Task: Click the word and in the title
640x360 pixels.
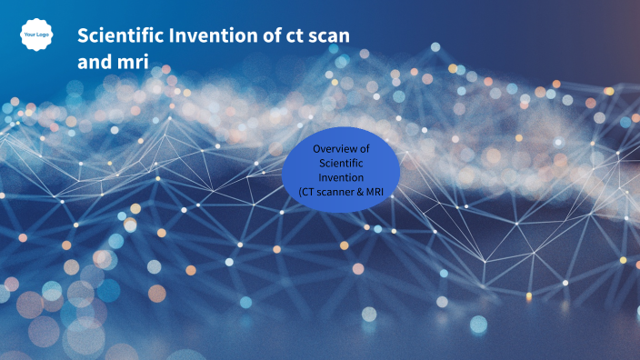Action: point(94,63)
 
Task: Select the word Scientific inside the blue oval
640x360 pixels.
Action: point(341,163)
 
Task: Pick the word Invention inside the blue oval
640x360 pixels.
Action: point(341,177)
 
